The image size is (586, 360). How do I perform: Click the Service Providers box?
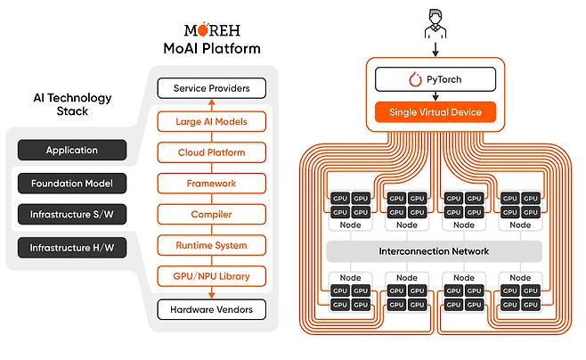point(212,88)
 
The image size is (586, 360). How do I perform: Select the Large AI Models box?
point(212,121)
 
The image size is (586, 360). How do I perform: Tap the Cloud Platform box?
point(212,152)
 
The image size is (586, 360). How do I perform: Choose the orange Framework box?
point(212,184)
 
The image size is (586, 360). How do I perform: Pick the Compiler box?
point(212,214)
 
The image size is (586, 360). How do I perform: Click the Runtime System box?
point(212,245)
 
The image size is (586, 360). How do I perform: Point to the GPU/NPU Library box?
point(212,276)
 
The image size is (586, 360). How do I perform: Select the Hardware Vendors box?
point(212,309)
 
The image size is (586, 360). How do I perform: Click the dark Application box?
point(72,150)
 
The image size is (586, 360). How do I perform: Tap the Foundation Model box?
point(72,184)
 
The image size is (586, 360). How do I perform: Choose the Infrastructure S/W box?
point(72,214)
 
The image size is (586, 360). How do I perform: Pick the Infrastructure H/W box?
point(72,248)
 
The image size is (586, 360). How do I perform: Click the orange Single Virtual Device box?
point(435,111)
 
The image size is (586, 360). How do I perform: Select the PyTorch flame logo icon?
point(415,79)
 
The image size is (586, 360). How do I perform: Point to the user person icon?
point(435,24)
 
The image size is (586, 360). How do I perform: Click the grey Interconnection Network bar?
point(435,251)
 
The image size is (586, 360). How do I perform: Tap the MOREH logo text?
point(212,29)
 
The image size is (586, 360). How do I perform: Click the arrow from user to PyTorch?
point(435,49)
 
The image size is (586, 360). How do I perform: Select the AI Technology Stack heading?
point(72,104)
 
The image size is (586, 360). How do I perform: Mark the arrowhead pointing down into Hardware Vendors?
point(212,295)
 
